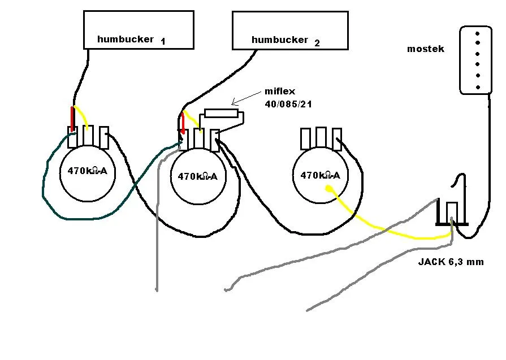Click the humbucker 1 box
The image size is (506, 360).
139,29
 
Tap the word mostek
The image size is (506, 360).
425,49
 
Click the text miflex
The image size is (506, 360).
279,92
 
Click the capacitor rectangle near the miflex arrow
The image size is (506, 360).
221,113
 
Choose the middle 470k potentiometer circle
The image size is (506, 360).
198,176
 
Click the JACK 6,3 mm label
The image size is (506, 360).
451,262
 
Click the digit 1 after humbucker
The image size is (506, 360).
163,41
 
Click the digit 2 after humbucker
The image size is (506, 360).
317,42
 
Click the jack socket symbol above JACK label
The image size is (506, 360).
452,212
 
